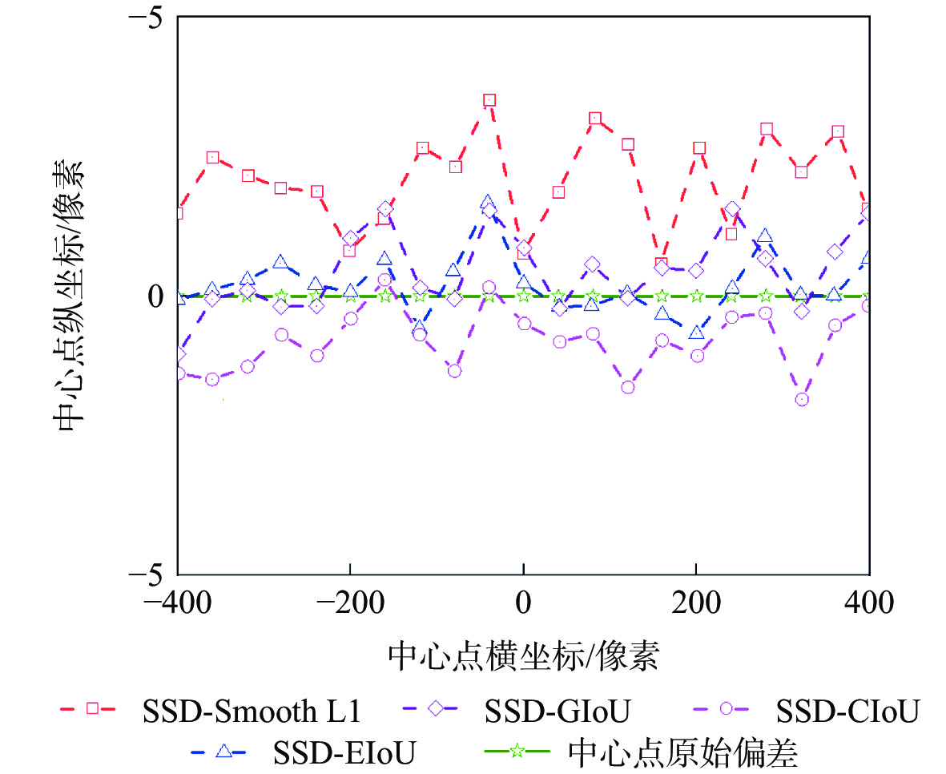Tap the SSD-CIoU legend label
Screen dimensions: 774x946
pyautogui.click(x=847, y=711)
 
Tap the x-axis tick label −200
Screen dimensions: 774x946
pyautogui.click(x=349, y=603)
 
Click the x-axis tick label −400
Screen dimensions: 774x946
pyautogui.click(x=176, y=603)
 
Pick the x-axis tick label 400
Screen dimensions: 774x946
pyautogui.click(x=870, y=603)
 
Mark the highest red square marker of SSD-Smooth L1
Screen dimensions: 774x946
pyautogui.click(x=489, y=100)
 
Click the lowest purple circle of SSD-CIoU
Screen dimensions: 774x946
pyautogui.click(x=802, y=400)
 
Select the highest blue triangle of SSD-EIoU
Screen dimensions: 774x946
pyautogui.click(x=488, y=201)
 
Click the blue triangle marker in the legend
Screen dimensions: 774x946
pyautogui.click(x=224, y=751)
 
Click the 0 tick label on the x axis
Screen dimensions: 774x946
pyautogui.click(x=523, y=603)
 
